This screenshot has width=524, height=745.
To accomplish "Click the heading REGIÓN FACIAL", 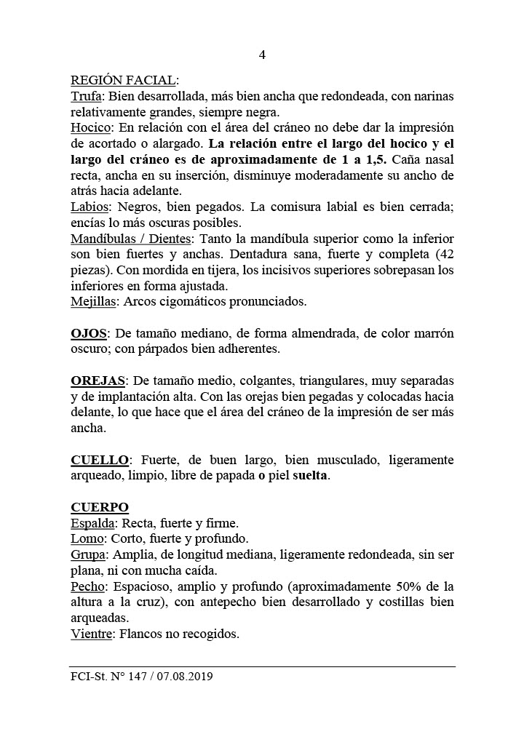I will pyautogui.click(x=124, y=80).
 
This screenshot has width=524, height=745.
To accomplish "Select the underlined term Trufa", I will pyautogui.click(x=85, y=96).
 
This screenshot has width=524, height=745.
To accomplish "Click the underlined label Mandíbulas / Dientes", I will pyautogui.click(x=130, y=239).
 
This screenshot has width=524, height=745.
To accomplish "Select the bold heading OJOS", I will pyautogui.click(x=89, y=334).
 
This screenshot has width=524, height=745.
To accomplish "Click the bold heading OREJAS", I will pyautogui.click(x=98, y=381).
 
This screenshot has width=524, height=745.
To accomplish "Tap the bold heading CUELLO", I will pyautogui.click(x=100, y=460).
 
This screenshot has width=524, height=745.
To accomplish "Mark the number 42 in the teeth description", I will pyautogui.click(x=445, y=255).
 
